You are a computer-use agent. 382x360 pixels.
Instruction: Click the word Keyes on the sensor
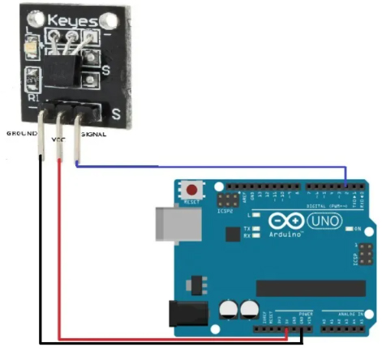pyautogui.click(x=75, y=19)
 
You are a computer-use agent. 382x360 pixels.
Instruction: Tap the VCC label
pyautogui.click(x=58, y=139)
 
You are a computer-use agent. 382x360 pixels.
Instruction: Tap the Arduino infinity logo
pyautogui.click(x=280, y=221)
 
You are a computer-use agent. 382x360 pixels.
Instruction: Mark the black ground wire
pyautogui.click(x=162, y=348)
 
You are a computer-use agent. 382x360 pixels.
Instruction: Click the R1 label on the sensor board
pyautogui.click(x=33, y=97)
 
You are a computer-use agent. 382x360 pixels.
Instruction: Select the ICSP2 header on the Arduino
pyautogui.click(x=230, y=199)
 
